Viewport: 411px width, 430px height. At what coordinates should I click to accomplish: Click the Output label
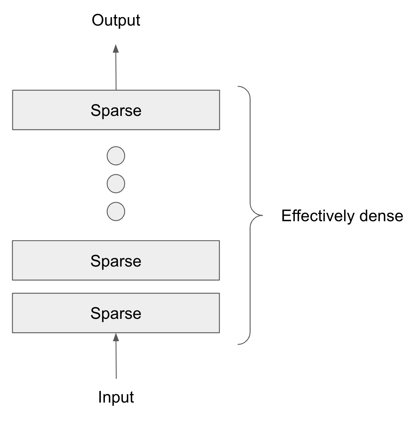pyautogui.click(x=116, y=20)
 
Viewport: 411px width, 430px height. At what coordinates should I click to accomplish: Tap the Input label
pyautogui.click(x=116, y=397)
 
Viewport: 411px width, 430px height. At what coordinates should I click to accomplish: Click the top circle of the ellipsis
pyautogui.click(x=116, y=156)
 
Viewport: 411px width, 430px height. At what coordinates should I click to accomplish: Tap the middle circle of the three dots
pyautogui.click(x=116, y=184)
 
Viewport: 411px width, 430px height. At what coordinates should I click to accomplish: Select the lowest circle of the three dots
pyautogui.click(x=116, y=211)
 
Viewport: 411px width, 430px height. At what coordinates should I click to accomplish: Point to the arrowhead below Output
pyautogui.click(x=116, y=48)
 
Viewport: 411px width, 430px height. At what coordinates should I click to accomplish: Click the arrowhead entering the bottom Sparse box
pyautogui.click(x=116, y=337)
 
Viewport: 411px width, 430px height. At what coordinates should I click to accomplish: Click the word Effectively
pyautogui.click(x=318, y=216)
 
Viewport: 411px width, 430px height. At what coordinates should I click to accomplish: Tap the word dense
pyautogui.click(x=381, y=216)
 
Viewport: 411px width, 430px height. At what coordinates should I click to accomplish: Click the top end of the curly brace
pyautogui.click(x=238, y=87)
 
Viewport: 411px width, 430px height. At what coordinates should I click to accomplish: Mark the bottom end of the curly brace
pyautogui.click(x=238, y=344)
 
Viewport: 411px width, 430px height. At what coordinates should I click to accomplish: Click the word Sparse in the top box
pyautogui.click(x=116, y=110)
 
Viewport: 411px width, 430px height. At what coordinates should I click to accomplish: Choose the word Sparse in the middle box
pyautogui.click(x=116, y=261)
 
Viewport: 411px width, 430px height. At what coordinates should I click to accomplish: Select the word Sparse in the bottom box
pyautogui.click(x=116, y=313)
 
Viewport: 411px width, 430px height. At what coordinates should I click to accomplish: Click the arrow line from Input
pyautogui.click(x=116, y=360)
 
